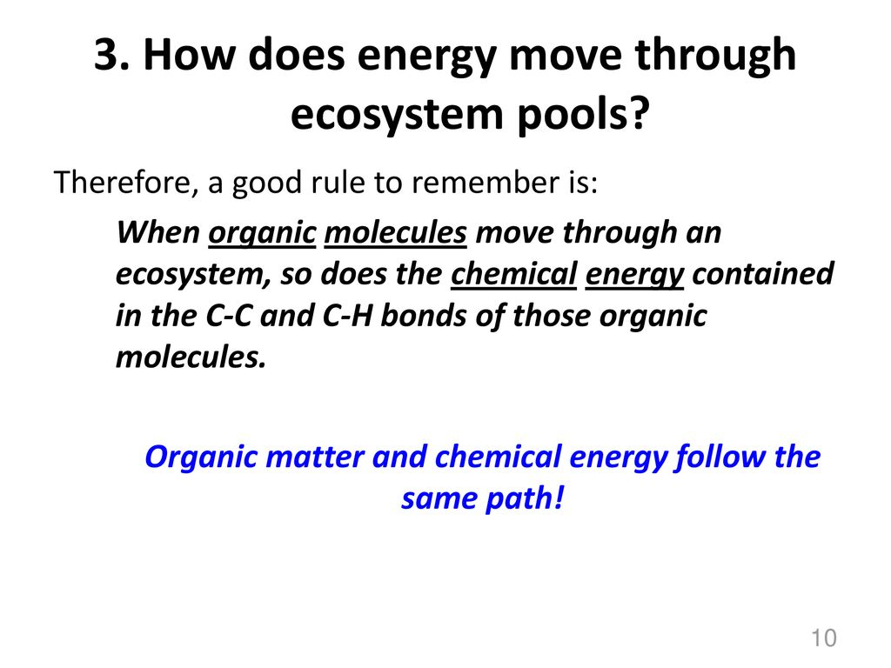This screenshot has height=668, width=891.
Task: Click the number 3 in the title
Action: click(108, 55)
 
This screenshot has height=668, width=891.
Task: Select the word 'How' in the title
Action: click(189, 55)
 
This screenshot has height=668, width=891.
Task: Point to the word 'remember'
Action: click(479, 183)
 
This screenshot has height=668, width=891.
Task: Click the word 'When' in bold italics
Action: click(158, 232)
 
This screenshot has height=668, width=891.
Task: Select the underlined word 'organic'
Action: click(262, 234)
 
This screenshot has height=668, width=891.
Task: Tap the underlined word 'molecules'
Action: click(396, 233)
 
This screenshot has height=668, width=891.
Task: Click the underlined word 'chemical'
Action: click(513, 274)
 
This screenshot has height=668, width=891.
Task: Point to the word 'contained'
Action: click(762, 274)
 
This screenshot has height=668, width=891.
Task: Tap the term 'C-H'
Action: click(346, 316)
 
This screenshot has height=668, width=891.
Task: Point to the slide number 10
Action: click(824, 638)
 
